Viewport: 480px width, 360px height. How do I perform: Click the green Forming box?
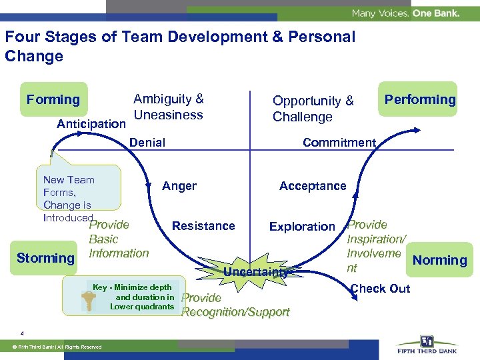53,99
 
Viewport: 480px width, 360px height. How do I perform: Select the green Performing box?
419,99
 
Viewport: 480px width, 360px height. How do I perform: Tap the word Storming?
45,258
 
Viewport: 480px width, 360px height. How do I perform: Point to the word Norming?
439,260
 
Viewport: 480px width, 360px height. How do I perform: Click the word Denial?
147,142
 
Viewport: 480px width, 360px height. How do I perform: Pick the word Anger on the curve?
179,186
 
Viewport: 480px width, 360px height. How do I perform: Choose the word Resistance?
203,226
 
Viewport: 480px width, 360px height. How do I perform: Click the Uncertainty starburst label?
255,271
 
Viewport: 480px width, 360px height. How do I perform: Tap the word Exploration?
302,227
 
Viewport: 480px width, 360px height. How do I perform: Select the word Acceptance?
313,186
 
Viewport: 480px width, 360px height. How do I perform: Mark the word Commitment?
339,142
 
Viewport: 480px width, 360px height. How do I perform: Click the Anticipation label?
91,124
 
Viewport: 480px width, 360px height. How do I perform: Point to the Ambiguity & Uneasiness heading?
168,107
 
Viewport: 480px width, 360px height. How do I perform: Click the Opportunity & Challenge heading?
313,109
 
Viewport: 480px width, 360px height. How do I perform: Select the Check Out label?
381,288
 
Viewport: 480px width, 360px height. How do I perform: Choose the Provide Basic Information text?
118,239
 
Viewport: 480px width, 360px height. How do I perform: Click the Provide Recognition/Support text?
235,305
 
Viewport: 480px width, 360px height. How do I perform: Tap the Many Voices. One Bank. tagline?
405,13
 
